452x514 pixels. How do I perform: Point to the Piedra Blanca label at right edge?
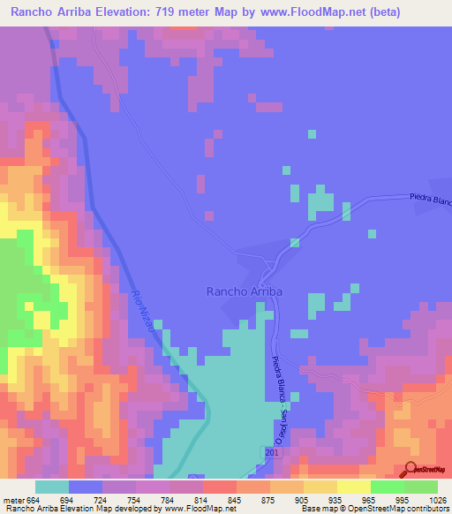point(430,200)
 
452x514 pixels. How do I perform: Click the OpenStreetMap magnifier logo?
point(411,468)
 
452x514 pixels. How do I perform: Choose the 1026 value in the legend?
point(437,499)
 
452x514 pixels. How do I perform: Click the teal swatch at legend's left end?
point(52,487)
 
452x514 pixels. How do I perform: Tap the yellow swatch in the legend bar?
point(353,487)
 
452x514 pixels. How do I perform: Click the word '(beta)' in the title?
point(361,12)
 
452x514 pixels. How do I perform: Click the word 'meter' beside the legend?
point(12,499)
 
